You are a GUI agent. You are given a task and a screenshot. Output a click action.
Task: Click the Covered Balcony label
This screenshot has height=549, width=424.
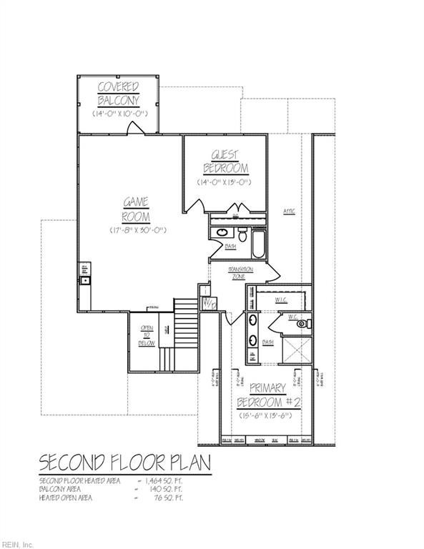[x=118, y=94]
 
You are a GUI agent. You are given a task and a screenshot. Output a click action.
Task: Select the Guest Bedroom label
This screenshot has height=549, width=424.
[x=225, y=162]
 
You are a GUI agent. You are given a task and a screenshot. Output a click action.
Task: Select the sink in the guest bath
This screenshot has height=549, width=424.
[x=222, y=232]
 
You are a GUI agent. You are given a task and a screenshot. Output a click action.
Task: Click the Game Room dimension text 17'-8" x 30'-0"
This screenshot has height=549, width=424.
[x=138, y=229]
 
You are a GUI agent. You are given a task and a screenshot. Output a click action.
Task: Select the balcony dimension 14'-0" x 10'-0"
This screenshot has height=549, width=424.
[x=118, y=114]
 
